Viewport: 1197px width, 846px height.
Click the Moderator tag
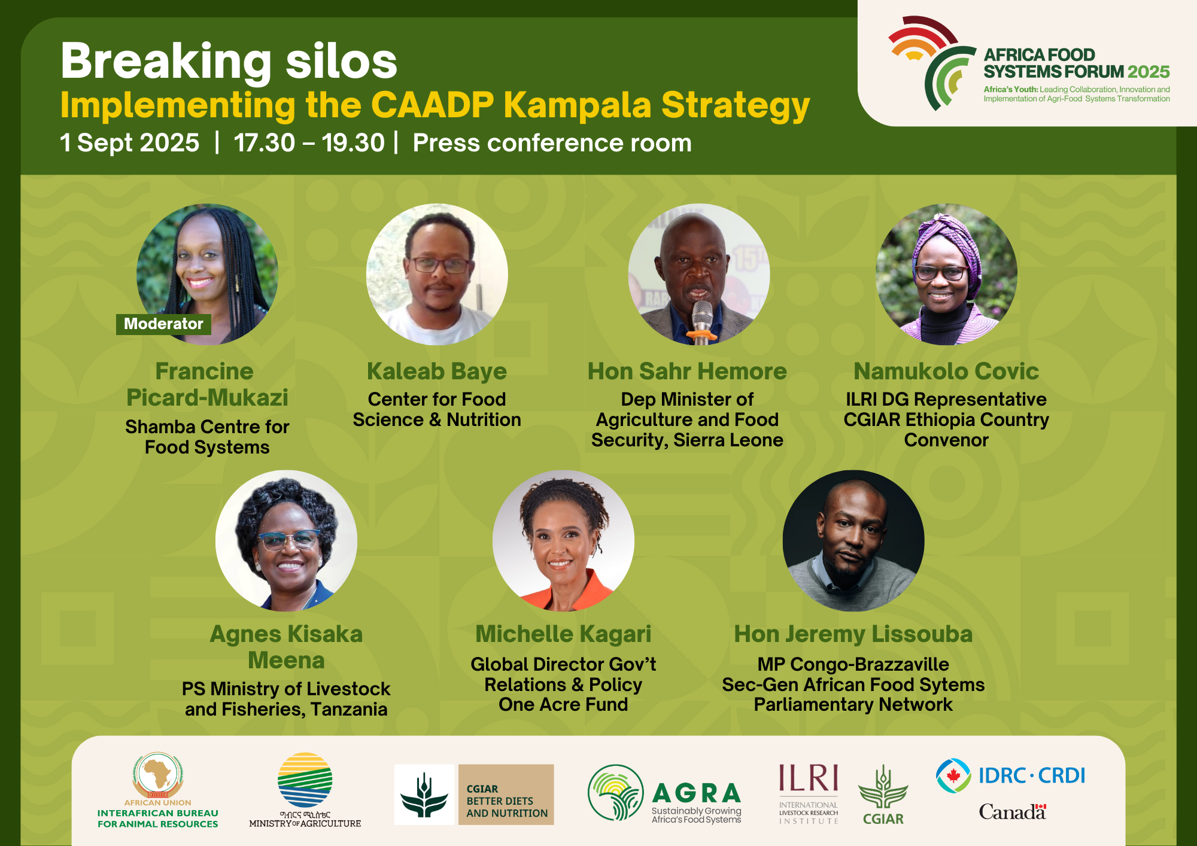163,324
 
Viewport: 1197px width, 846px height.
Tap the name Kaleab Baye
437,372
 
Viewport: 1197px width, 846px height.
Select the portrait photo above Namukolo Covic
946,274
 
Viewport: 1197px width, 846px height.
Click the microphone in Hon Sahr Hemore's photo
702,320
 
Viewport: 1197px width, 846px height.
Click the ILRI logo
809,793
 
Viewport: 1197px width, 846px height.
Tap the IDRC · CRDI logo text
1032,775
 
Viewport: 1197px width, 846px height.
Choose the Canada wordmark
1013,812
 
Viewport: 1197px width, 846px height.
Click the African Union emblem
158,774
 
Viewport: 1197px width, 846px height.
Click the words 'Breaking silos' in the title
229,61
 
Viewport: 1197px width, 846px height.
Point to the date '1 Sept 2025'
130,143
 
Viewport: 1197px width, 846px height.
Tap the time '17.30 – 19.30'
309,143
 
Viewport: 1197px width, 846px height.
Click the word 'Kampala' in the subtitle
578,105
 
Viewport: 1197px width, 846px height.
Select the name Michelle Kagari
563,634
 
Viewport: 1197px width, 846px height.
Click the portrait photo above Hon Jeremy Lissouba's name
853,540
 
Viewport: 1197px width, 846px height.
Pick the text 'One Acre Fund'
563,705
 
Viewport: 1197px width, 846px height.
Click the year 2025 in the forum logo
1149,72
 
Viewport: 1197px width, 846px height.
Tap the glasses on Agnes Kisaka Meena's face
288,540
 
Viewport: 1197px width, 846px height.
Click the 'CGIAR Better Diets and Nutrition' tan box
506,795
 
